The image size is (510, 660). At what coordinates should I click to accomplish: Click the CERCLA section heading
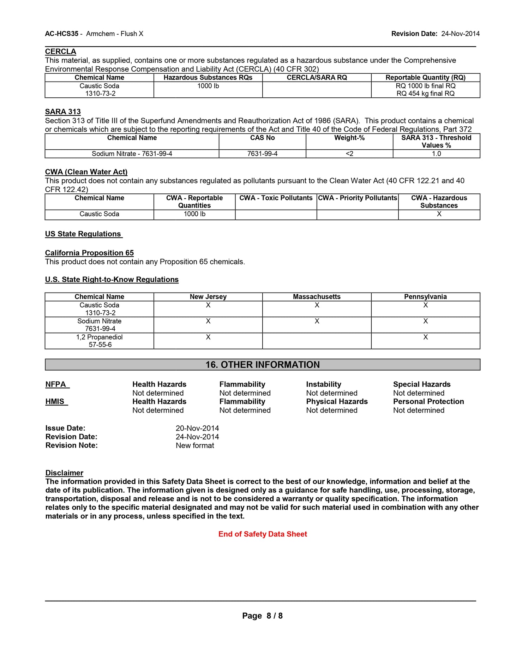(x=60, y=52)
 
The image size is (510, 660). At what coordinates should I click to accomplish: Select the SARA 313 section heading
(x=63, y=112)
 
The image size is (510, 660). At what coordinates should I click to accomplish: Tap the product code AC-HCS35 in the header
(x=62, y=34)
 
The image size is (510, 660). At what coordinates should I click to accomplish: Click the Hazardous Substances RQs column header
(x=208, y=78)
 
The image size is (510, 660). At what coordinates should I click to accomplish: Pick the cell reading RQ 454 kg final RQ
(x=425, y=94)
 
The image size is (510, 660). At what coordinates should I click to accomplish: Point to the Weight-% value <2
(x=349, y=154)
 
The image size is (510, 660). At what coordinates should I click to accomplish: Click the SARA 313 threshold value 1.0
(x=436, y=154)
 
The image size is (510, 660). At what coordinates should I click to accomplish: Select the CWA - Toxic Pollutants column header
(x=276, y=198)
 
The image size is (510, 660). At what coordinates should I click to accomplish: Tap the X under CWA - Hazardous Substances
(x=439, y=214)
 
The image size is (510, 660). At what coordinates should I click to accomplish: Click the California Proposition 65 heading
(x=89, y=253)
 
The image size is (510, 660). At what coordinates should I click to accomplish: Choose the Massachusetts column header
(x=317, y=297)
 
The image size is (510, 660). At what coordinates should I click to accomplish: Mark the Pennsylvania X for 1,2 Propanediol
(x=425, y=337)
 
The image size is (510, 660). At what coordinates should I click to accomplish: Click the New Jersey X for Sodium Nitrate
(x=208, y=321)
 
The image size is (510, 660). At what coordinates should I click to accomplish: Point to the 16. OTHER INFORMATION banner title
(x=263, y=365)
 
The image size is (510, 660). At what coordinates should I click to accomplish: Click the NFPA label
(x=56, y=384)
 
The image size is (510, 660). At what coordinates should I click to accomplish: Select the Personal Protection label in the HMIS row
(x=428, y=402)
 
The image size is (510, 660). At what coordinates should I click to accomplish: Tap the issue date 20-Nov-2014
(x=197, y=428)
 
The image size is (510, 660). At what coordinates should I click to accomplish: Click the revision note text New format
(x=195, y=446)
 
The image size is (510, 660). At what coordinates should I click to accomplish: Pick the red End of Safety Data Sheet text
(x=263, y=534)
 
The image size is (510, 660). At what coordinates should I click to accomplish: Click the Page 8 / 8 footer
(x=262, y=616)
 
